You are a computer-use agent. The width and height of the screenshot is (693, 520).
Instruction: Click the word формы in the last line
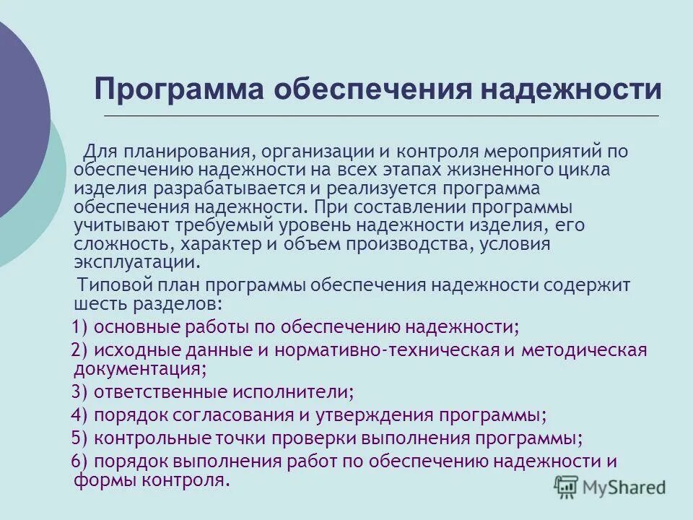pyautogui.click(x=97, y=480)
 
